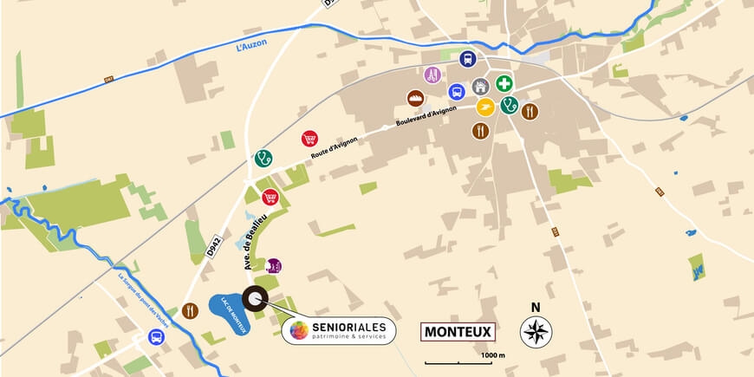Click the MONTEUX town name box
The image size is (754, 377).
click(457, 331)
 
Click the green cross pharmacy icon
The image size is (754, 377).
click(504, 83)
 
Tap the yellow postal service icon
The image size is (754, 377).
click(485, 107)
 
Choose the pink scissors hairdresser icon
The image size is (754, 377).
click(432, 75)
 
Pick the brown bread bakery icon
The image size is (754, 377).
click(416, 98)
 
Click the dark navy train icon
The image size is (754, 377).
click(467, 60)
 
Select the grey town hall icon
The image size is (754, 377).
click(480, 87)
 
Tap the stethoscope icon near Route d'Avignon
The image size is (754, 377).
click(263, 158)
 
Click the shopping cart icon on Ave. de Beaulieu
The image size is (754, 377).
click(270, 197)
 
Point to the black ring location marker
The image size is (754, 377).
click(254, 299)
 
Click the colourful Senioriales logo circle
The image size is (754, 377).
click(298, 330)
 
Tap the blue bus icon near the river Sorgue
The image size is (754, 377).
click(157, 337)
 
